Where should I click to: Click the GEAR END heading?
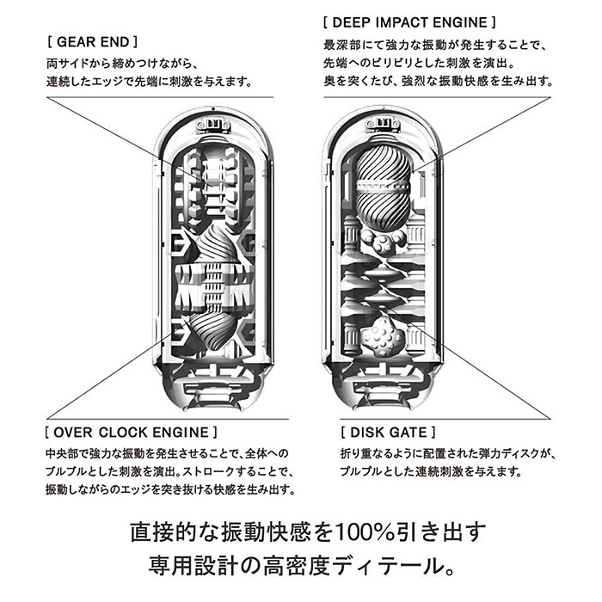(x=92, y=42)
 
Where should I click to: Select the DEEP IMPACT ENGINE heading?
(x=409, y=22)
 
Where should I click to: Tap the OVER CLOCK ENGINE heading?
(x=131, y=433)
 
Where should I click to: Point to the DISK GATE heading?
(x=388, y=433)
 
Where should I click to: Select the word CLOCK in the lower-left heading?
(x=123, y=433)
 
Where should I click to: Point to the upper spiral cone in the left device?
(x=219, y=243)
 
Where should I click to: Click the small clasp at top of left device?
(x=213, y=125)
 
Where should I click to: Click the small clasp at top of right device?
(x=383, y=125)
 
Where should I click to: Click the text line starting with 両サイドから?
(x=122, y=64)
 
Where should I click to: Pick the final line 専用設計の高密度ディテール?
(x=302, y=566)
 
